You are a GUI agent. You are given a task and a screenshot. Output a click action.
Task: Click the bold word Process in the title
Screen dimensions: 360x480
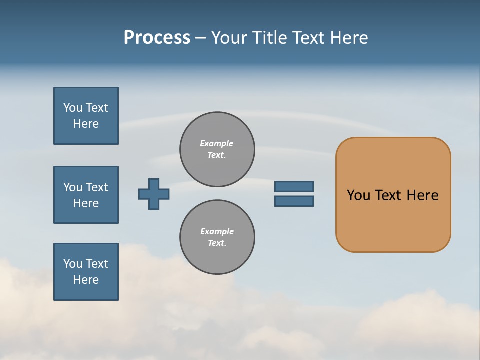point(157,38)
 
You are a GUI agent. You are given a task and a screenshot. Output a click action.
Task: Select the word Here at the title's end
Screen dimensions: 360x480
point(349,38)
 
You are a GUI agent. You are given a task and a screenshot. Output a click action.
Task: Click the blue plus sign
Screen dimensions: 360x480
point(154,194)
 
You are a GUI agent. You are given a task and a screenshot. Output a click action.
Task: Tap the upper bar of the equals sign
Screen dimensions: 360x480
point(294,186)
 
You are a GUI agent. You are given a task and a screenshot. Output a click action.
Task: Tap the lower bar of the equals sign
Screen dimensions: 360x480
point(294,201)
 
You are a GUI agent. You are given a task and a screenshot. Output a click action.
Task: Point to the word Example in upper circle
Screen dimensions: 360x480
point(217,143)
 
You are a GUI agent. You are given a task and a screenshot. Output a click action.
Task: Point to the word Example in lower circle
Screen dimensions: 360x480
point(217,231)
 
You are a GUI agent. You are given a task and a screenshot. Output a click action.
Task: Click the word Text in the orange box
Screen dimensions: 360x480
point(388,195)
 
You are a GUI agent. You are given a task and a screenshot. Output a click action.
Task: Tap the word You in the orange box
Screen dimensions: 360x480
point(358,195)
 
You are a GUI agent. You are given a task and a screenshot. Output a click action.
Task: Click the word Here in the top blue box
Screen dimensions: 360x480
point(86,124)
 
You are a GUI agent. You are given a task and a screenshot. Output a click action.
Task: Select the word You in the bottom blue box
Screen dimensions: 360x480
point(73,263)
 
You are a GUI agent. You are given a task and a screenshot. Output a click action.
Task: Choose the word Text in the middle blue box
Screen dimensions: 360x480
point(97,187)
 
